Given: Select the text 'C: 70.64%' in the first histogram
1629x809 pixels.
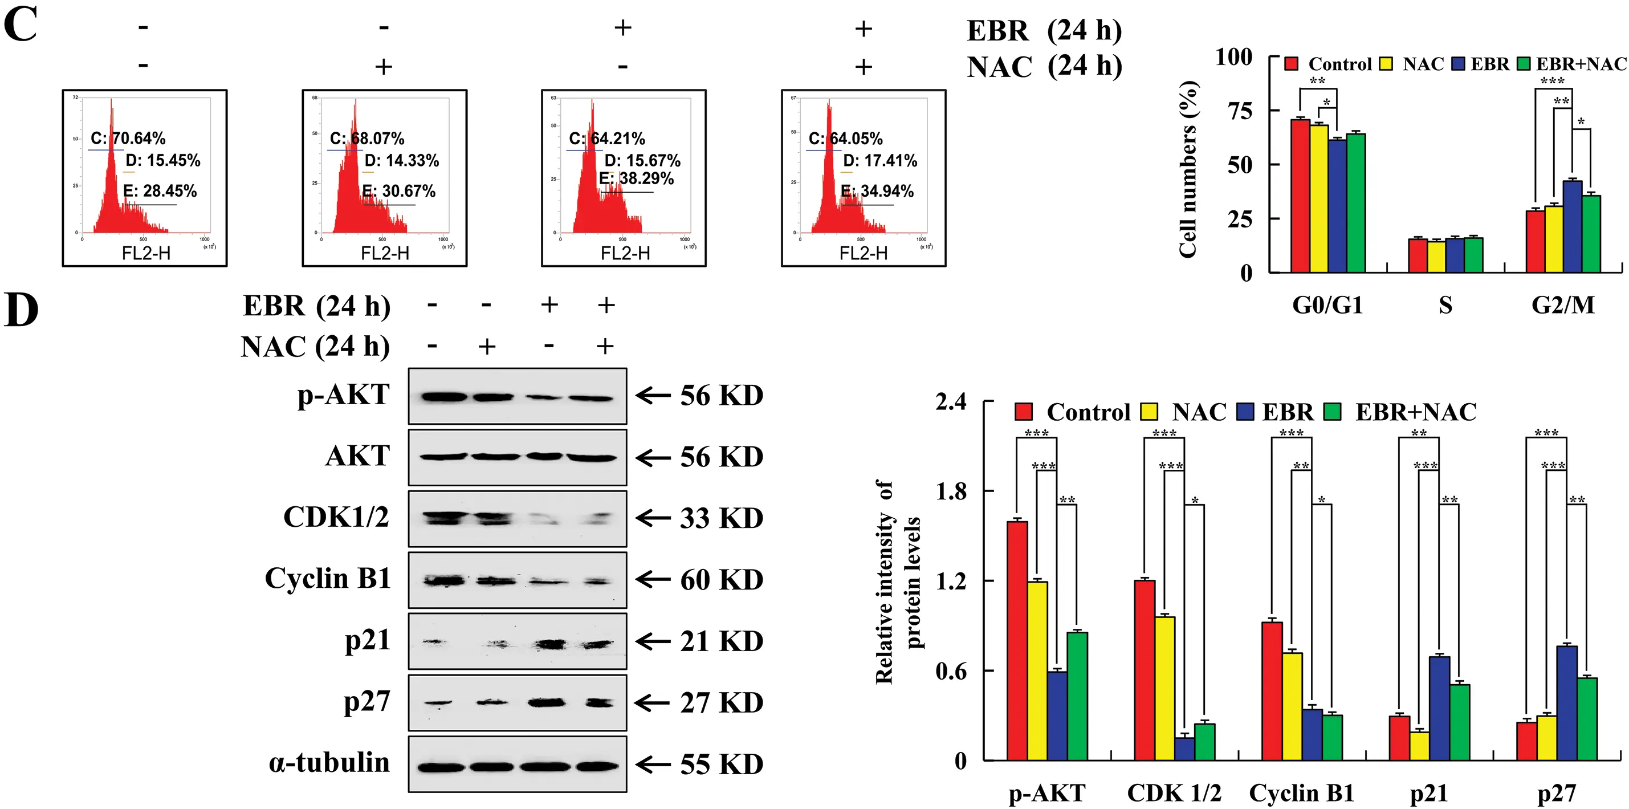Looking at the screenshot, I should [x=128, y=139].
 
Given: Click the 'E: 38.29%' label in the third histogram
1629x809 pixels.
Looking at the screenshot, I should [x=636, y=178].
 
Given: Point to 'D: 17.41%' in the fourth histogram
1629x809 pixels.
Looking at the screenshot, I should [x=879, y=161].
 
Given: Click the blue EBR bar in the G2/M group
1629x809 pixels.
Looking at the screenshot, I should [x=1572, y=226].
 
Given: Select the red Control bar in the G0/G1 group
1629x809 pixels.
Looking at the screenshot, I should [x=1300, y=196].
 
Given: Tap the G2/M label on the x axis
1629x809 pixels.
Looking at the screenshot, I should [x=1563, y=306].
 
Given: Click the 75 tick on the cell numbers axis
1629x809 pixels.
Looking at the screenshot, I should [x=1240, y=111].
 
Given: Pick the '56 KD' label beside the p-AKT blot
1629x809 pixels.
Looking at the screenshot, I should [x=721, y=396].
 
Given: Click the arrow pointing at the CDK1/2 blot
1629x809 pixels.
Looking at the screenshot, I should [x=653, y=519].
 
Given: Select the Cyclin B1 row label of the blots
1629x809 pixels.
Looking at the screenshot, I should [x=328, y=578].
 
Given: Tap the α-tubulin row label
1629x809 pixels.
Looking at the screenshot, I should [x=329, y=763].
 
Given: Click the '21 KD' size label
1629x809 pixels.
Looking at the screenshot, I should [x=721, y=641].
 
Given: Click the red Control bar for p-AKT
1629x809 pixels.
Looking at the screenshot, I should [x=1017, y=640].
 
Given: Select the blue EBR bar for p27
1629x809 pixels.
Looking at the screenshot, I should [x=1566, y=703].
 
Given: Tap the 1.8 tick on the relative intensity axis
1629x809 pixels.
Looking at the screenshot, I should [x=951, y=491].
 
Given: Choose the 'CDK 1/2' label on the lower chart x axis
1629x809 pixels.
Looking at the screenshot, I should [x=1174, y=793].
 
